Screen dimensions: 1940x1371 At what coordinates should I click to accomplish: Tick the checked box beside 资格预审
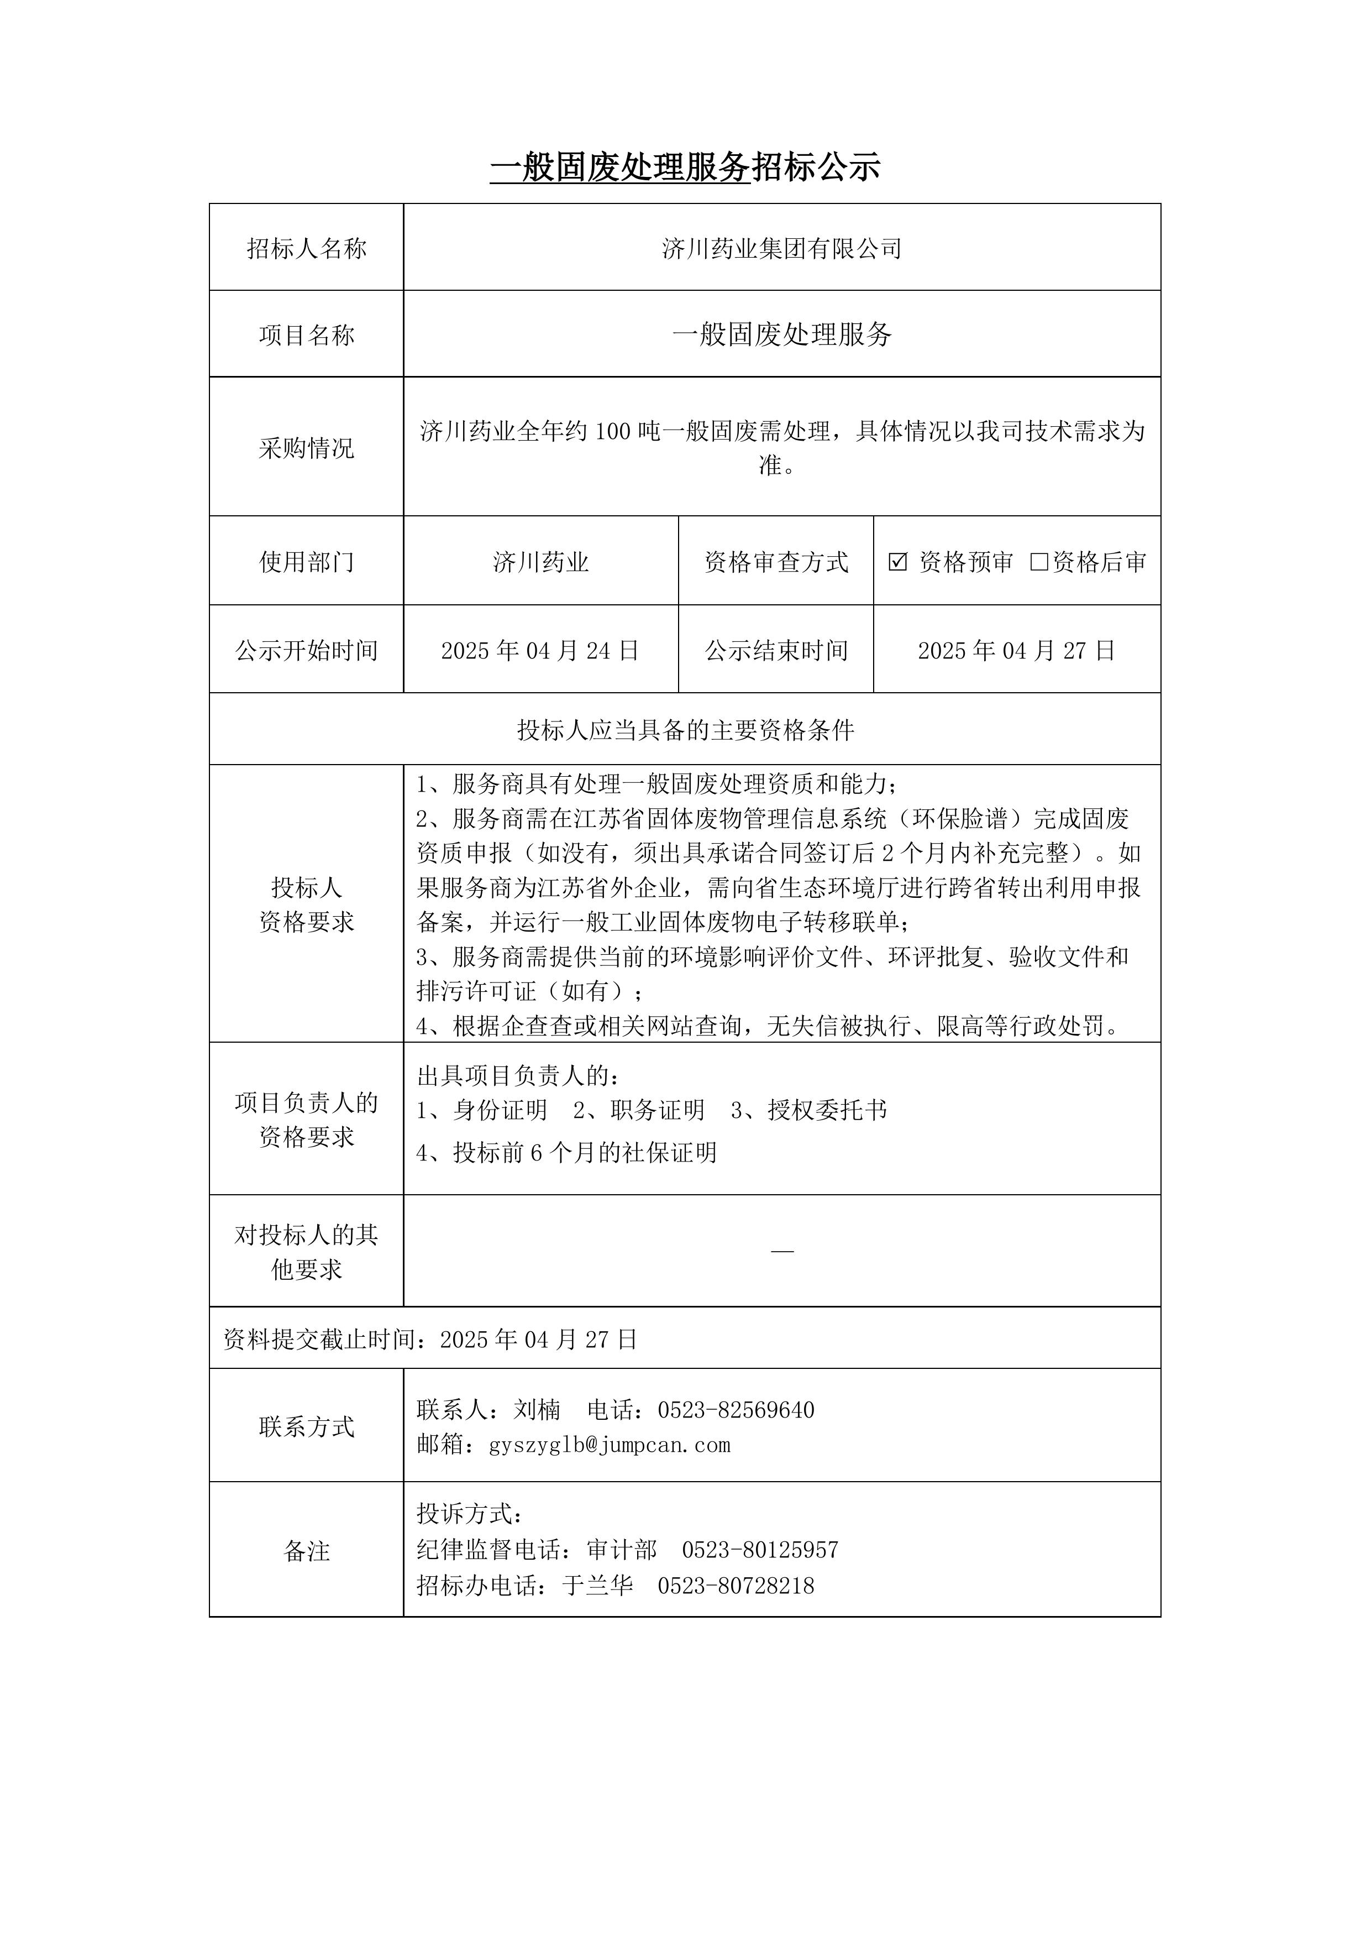coord(898,562)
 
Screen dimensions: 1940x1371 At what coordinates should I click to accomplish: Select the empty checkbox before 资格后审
coord(1039,562)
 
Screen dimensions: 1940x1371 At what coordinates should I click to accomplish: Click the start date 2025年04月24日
coord(540,651)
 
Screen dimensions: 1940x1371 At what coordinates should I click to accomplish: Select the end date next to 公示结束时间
coord(1016,651)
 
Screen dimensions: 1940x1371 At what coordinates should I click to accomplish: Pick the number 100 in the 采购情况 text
coord(613,432)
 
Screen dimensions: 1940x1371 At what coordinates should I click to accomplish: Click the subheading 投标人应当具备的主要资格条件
coord(685,730)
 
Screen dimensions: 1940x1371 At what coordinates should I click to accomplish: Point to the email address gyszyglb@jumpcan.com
coord(609,1445)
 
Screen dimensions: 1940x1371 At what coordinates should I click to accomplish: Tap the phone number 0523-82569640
coord(736,1409)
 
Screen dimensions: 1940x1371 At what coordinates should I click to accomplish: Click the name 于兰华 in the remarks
coord(598,1585)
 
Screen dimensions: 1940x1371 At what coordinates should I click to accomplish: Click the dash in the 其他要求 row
coord(782,1251)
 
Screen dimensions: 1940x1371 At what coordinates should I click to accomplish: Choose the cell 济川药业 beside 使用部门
coord(540,562)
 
